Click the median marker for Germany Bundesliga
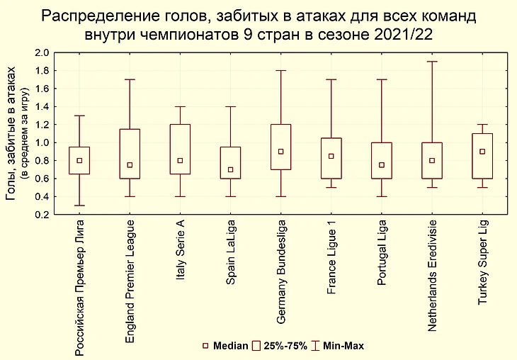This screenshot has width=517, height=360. [281, 152]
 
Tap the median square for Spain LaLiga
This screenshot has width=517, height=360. [231, 169]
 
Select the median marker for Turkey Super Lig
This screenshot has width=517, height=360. [482, 152]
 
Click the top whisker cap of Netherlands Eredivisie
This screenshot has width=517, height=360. [432, 62]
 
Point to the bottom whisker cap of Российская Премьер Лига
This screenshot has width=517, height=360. [79, 206]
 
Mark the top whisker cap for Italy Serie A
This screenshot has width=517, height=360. [181, 106]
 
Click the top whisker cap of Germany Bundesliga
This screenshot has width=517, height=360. [281, 71]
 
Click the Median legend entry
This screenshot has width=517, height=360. [225, 346]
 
